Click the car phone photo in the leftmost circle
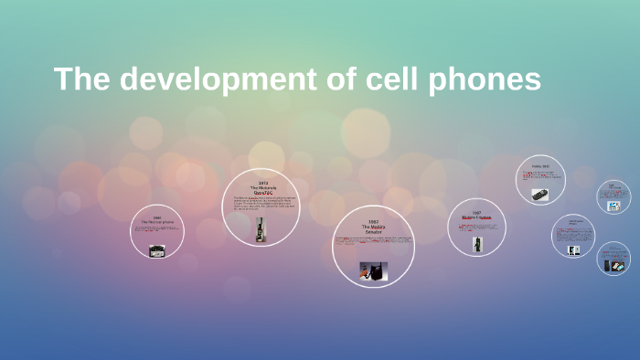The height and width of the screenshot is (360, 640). click(x=157, y=249)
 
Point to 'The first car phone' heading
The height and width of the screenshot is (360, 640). click(x=157, y=222)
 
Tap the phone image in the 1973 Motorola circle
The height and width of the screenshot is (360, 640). click(x=262, y=229)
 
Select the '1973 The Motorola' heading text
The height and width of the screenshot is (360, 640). click(x=263, y=186)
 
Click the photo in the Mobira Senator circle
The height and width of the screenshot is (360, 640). click(x=372, y=270)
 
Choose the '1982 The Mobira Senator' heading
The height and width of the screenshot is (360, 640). click(x=373, y=228)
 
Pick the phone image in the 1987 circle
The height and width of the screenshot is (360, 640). click(x=477, y=244)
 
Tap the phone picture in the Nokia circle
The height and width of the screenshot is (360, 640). click(x=540, y=195)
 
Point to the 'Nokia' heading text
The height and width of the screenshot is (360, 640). click(x=540, y=167)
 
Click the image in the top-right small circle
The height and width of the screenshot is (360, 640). click(x=614, y=206)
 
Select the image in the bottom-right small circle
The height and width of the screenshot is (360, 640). click(x=613, y=264)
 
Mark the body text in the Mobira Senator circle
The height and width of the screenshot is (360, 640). click(x=373, y=241)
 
